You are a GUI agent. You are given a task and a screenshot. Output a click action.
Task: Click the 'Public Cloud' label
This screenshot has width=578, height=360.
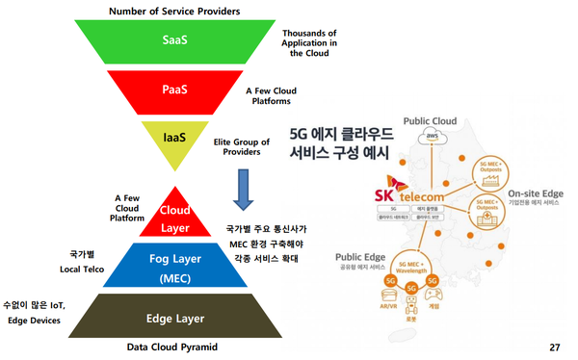coord(430,122)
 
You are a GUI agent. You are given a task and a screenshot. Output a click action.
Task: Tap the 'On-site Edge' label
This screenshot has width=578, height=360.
coord(537,192)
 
